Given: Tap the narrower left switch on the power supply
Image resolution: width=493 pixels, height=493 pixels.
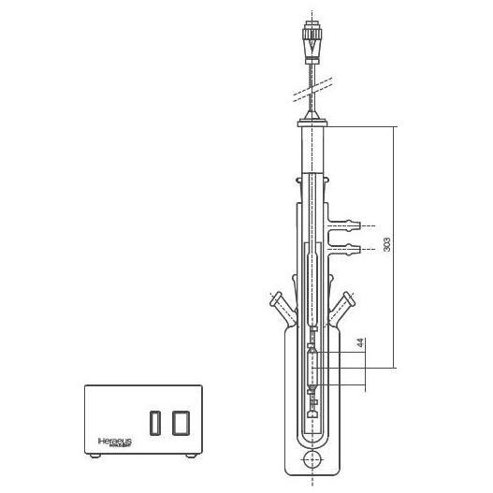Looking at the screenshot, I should (x=155, y=422).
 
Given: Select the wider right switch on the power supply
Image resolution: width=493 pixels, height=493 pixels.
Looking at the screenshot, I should (x=181, y=422).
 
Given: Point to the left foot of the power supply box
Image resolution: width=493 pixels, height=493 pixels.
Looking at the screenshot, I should (x=94, y=456).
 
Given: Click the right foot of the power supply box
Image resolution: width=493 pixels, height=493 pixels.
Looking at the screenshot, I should (x=191, y=456).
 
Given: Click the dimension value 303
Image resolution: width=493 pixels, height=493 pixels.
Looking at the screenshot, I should (x=386, y=244).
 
